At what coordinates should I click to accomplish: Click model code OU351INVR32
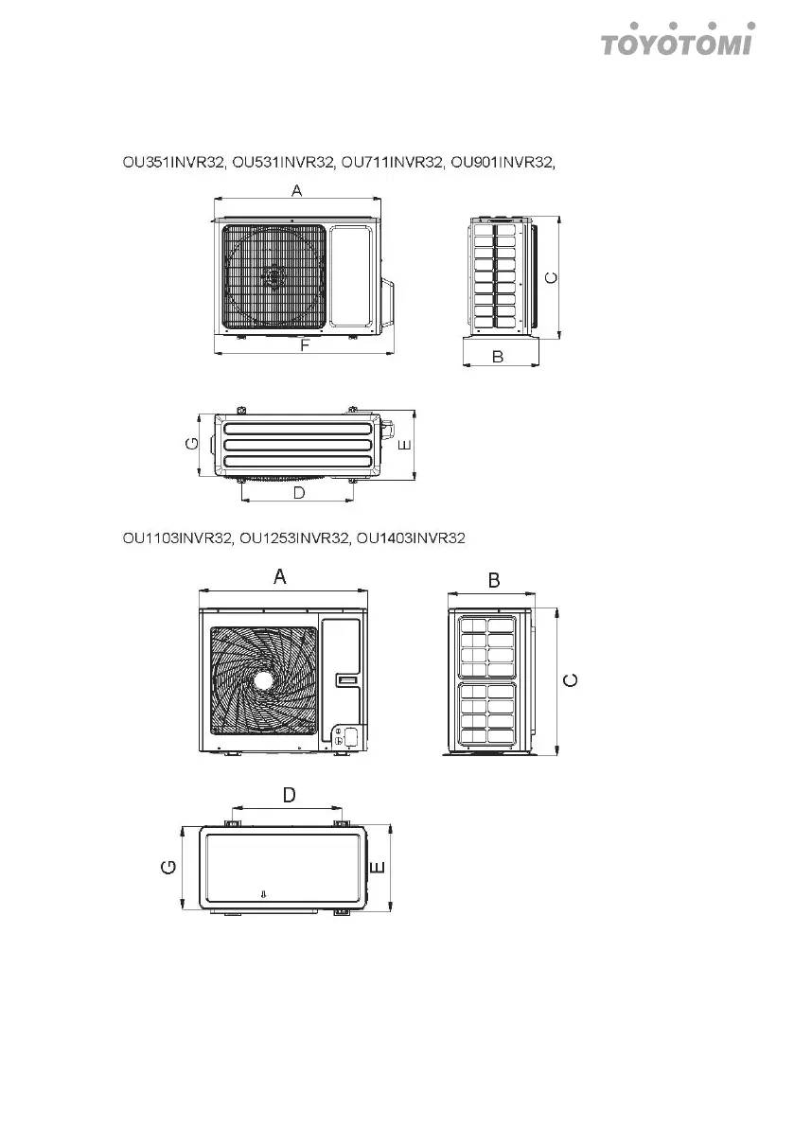click(x=173, y=162)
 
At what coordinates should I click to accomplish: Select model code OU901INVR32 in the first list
click(x=502, y=162)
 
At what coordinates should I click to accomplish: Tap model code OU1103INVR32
click(x=177, y=538)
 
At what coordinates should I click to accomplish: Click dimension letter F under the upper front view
click(x=305, y=346)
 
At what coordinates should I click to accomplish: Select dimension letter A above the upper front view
click(x=296, y=191)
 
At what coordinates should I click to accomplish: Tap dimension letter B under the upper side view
click(x=498, y=357)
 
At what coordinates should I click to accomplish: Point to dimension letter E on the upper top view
click(x=405, y=444)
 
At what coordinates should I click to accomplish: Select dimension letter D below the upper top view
click(x=298, y=493)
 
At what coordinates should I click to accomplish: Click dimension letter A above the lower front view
click(x=280, y=576)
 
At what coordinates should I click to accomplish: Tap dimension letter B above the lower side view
click(x=494, y=580)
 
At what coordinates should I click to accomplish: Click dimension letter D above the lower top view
click(x=289, y=796)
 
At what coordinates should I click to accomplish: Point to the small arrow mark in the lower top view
click(x=264, y=894)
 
